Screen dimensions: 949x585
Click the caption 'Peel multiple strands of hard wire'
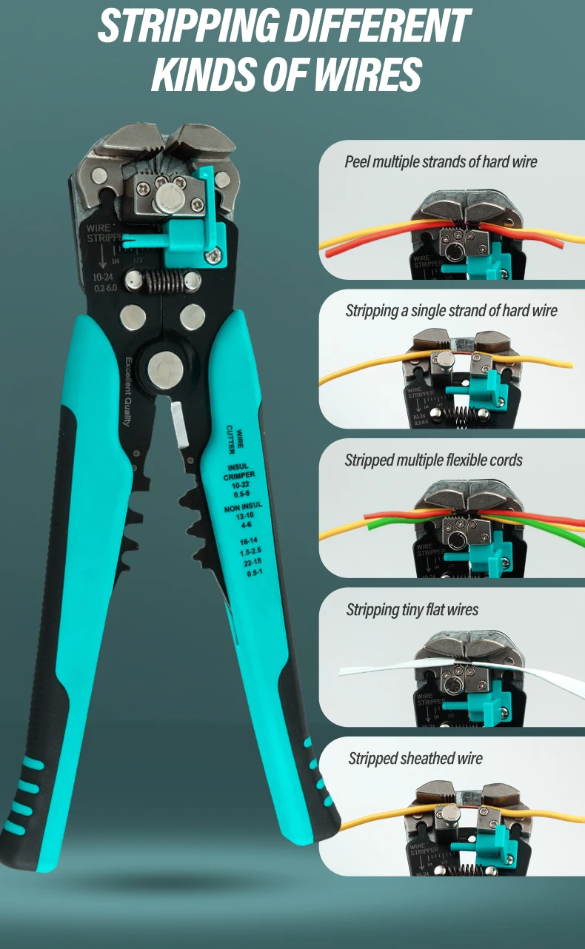[x=441, y=161]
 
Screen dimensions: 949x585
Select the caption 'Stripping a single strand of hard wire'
[x=451, y=310]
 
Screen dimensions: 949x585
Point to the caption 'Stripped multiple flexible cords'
[x=433, y=460]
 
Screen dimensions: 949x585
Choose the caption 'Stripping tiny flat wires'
[x=412, y=610]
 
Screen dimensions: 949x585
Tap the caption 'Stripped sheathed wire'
[x=415, y=759]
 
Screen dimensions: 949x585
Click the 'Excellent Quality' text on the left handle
[x=127, y=392]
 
